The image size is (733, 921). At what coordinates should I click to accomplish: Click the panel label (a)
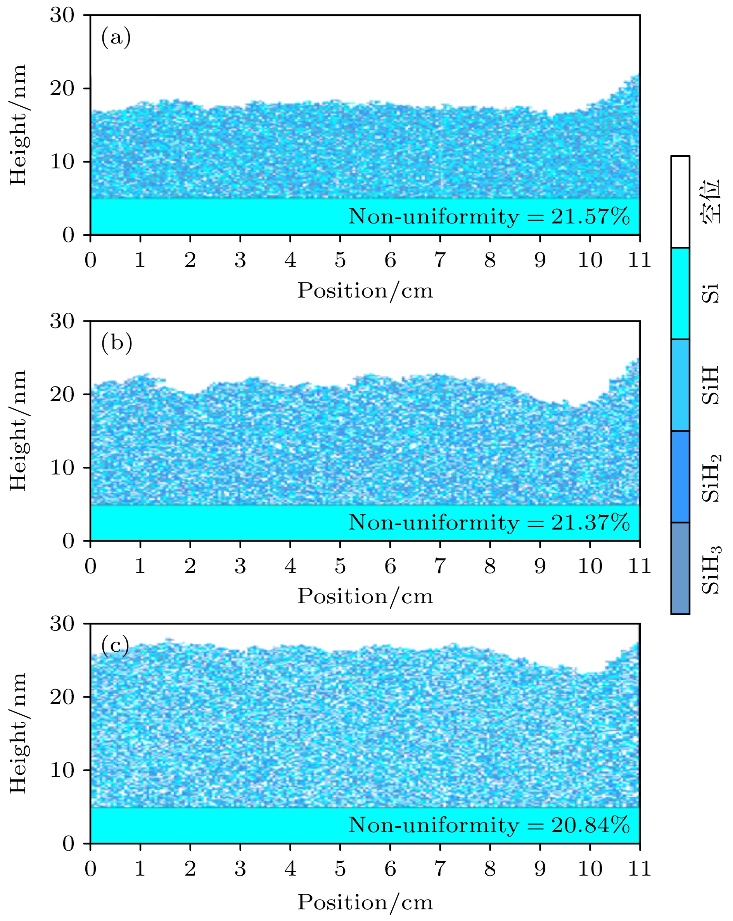(x=116, y=38)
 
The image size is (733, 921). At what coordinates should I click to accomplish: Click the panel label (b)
(x=117, y=343)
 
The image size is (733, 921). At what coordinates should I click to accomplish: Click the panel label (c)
(x=115, y=646)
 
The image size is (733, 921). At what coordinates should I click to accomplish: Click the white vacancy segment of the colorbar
(x=680, y=202)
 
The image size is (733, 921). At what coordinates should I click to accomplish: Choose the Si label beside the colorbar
(x=711, y=293)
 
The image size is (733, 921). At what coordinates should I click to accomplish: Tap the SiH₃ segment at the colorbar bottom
(x=680, y=568)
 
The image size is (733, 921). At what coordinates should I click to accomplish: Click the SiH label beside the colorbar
(x=711, y=385)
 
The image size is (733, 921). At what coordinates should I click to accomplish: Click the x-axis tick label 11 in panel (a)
(x=640, y=260)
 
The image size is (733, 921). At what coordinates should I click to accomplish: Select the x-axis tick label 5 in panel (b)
(x=340, y=566)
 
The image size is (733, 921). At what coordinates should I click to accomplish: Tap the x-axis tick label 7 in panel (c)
(x=440, y=869)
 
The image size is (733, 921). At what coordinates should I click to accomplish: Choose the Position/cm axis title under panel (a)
(x=365, y=291)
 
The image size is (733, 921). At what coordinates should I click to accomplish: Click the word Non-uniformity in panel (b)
(x=433, y=523)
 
